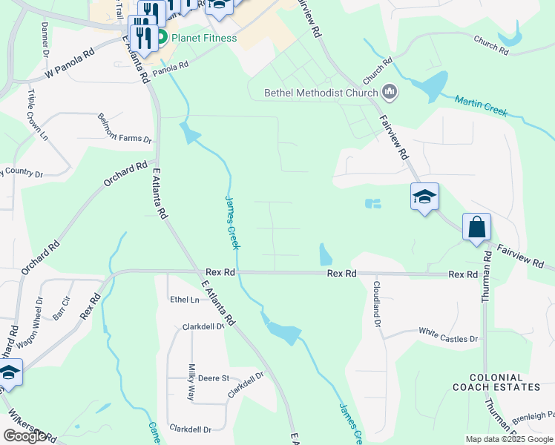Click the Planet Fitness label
click(204, 38)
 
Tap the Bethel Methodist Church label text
click(322, 93)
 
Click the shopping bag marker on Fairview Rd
click(476, 227)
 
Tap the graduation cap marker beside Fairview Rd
click(424, 197)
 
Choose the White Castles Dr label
click(449, 334)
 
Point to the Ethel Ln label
click(185, 300)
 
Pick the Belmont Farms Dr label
click(125, 129)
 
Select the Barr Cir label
click(61, 308)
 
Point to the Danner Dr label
click(45, 39)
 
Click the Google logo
click(24, 436)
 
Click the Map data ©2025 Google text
click(509, 439)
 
